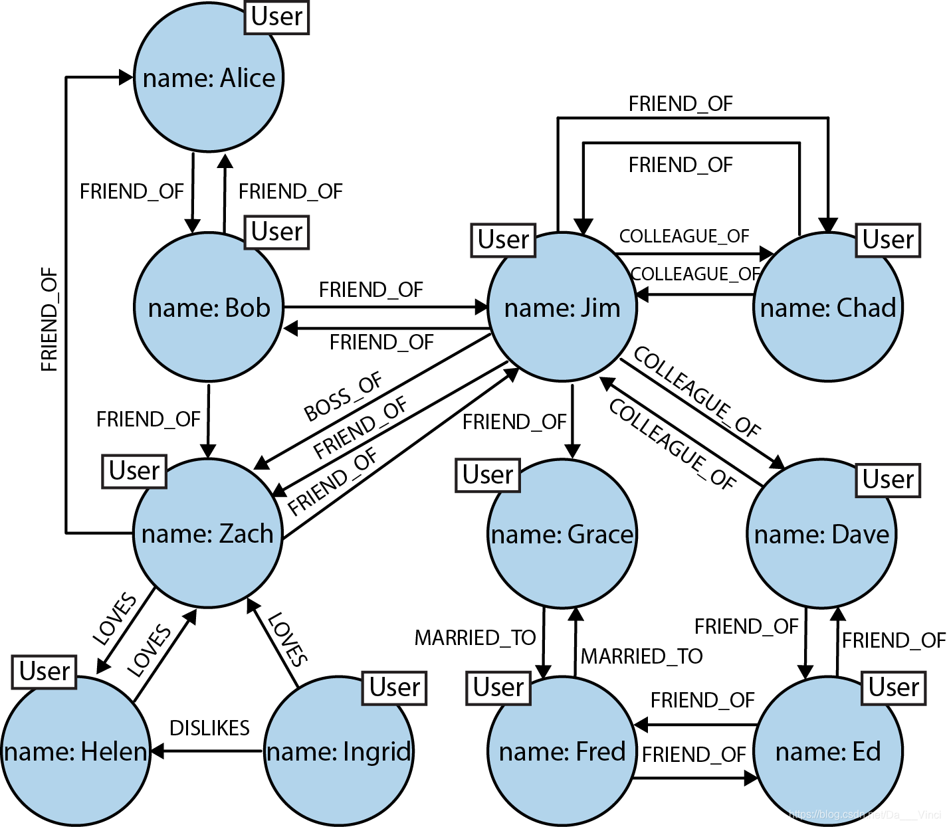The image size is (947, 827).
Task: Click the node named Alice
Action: [209, 77]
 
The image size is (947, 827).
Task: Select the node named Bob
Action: [209, 307]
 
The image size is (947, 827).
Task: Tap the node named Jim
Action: [562, 307]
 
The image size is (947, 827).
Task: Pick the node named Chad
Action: [828, 307]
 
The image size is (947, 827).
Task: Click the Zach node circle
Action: [207, 533]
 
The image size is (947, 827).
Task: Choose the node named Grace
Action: [562, 533]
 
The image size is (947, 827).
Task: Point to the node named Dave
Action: [821, 533]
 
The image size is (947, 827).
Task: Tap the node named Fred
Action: [562, 751]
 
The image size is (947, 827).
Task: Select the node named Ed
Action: [828, 751]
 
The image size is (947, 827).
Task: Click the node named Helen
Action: [75, 751]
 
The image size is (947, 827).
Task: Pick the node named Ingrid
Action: [339, 751]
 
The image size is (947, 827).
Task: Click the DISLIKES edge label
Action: [209, 728]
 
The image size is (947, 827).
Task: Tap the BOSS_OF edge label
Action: [343, 397]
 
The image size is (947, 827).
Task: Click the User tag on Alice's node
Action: [277, 17]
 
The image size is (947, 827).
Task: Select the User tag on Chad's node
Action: [888, 240]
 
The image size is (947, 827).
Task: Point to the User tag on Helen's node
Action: [45, 672]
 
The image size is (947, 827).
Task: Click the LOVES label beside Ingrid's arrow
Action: [288, 640]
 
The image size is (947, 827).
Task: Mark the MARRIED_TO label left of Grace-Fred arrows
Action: [475, 638]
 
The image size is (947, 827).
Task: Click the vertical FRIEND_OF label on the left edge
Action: [50, 319]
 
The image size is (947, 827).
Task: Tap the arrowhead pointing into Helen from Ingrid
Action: [158, 751]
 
